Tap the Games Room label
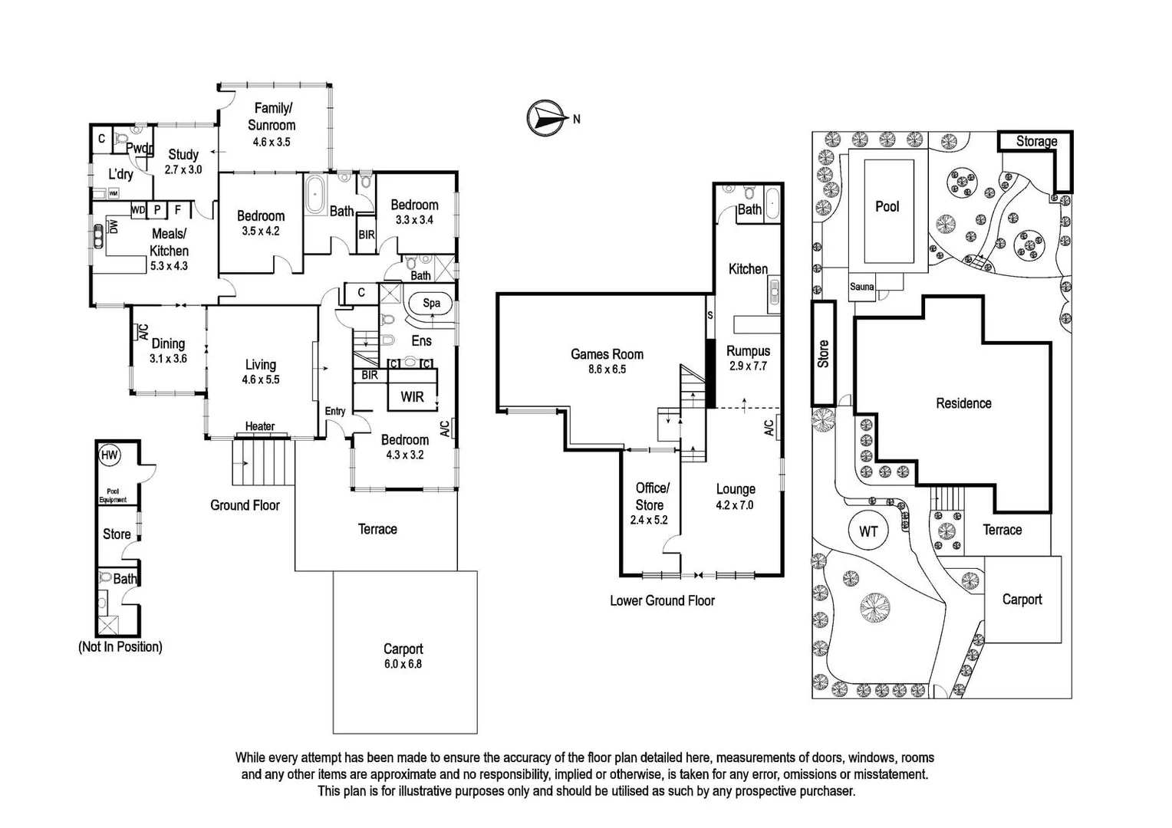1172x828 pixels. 607,354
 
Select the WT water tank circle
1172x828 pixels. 868,531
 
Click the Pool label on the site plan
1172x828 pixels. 887,206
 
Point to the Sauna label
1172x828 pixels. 861,287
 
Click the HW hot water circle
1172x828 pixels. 110,455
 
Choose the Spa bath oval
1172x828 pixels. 431,303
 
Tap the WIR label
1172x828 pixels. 412,396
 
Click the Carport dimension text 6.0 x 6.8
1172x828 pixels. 403,664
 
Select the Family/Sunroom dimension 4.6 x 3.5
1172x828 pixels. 272,142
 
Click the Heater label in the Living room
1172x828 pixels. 260,426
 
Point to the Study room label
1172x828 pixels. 183,154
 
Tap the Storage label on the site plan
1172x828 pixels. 1036,141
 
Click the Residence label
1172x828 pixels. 963,403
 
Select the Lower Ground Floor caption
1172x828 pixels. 662,600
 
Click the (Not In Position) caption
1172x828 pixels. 120,646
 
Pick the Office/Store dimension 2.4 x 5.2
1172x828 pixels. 649,520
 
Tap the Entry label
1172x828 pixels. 334,411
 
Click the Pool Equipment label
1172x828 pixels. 113,495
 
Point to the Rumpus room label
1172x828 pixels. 748,351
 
